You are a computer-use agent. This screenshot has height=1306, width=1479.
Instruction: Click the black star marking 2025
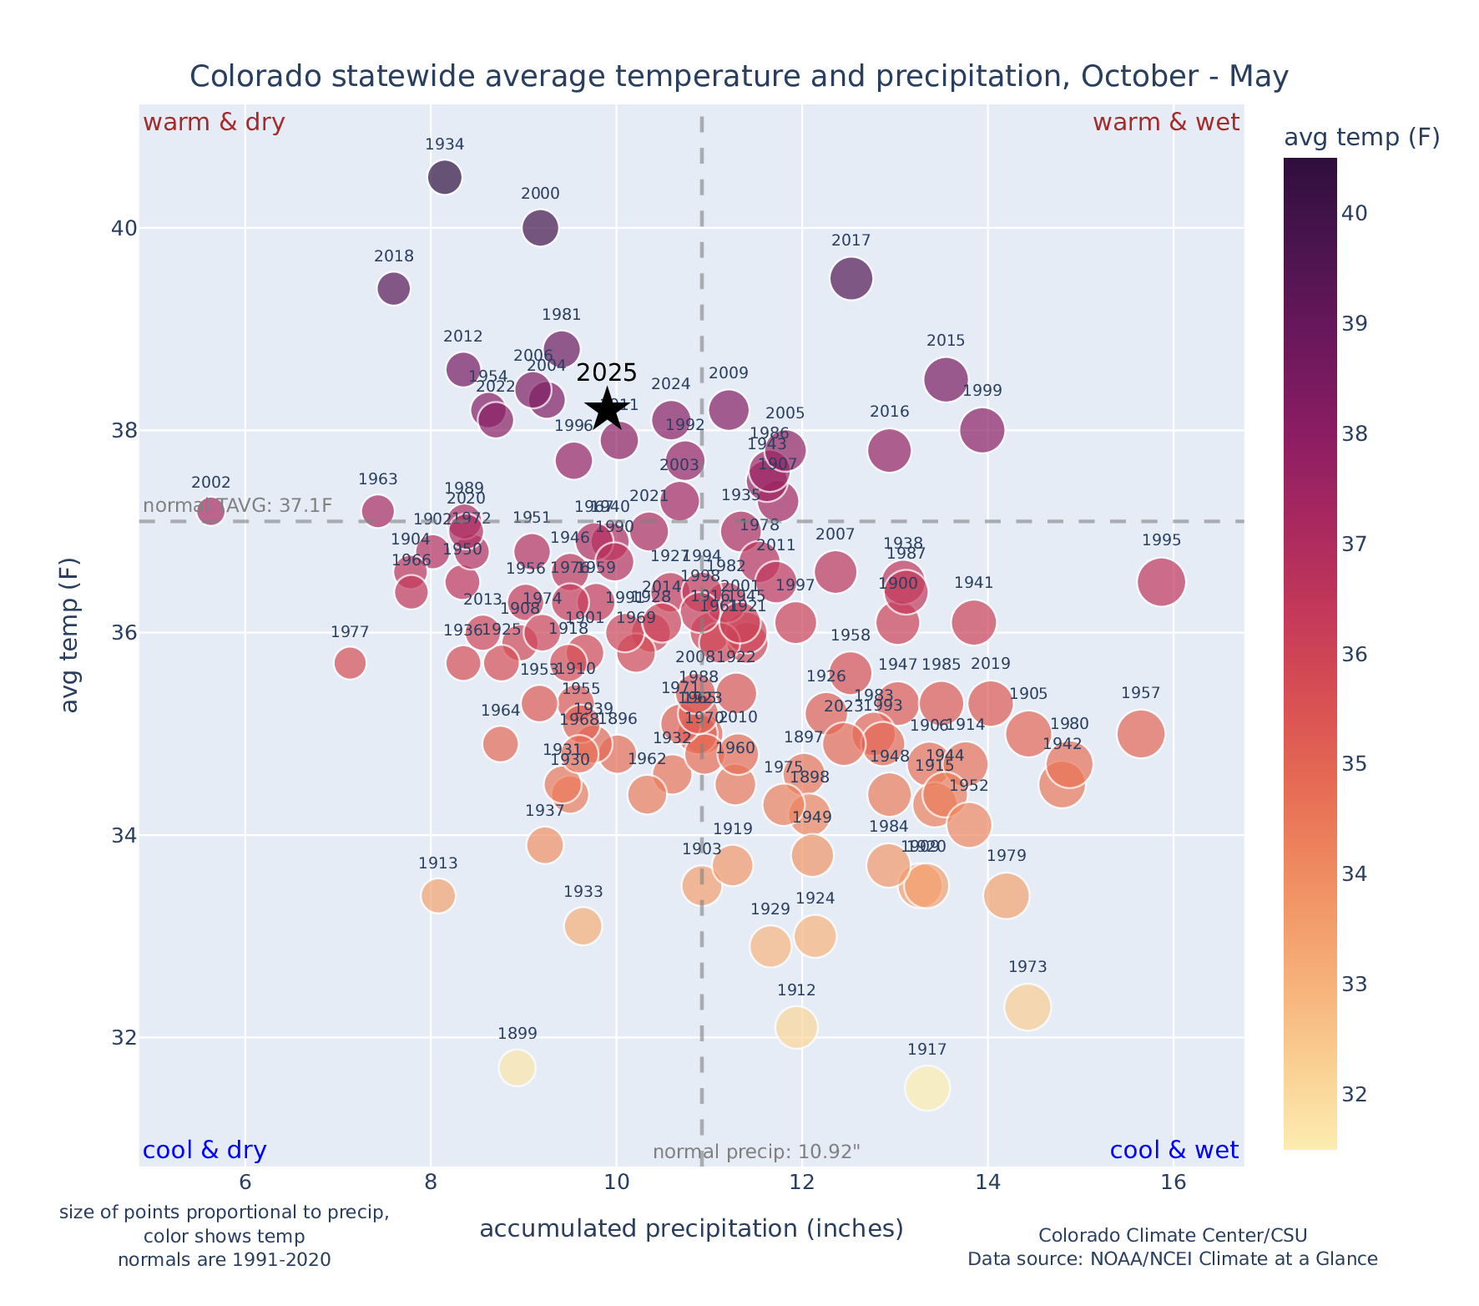[x=607, y=408]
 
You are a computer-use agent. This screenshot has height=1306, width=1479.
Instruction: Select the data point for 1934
[x=445, y=177]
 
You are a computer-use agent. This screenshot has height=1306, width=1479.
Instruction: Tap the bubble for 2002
[x=210, y=511]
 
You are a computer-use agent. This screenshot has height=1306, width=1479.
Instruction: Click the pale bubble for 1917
[x=926, y=1088]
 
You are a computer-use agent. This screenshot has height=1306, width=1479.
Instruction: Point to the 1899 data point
[x=517, y=1068]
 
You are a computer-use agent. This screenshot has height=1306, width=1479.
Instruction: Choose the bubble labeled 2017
[x=851, y=278]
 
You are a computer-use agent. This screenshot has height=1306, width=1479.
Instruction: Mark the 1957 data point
[x=1141, y=734]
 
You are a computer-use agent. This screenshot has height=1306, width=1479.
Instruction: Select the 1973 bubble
[x=1027, y=1007]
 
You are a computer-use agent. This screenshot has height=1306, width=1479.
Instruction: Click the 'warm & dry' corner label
[x=214, y=123]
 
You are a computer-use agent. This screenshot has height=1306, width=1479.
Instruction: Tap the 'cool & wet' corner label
[x=1174, y=1151]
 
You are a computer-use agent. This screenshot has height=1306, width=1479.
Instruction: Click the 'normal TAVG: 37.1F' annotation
[x=238, y=505]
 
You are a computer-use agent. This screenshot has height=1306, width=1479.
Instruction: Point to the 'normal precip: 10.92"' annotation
[x=756, y=1152]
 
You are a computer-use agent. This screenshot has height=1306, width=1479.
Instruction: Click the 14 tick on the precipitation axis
[x=988, y=1182]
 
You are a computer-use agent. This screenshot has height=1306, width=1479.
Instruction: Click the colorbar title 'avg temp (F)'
[x=1361, y=138]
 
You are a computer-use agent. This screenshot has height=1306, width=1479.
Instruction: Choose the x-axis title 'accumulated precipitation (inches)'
[x=691, y=1228]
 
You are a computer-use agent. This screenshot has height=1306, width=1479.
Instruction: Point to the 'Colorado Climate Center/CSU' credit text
[x=1173, y=1235]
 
